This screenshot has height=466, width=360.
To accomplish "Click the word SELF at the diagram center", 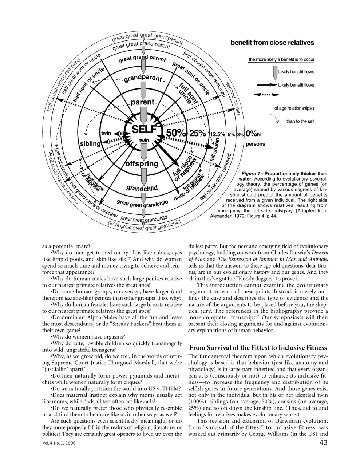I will [144, 129].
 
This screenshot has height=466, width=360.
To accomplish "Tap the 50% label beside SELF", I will [176, 133].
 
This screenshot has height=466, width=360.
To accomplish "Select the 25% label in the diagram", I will [198, 133].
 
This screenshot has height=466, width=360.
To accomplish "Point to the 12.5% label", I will [217, 134].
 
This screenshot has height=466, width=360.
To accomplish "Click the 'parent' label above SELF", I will [142, 102].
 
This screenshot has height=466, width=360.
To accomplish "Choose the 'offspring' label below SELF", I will [142, 164].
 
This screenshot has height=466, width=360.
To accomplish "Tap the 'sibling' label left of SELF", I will [90, 143].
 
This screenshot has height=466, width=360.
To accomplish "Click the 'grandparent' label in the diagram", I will [143, 78].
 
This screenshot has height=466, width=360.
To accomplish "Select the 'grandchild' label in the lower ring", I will [142, 188].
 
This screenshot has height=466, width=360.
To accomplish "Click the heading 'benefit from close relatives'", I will [272, 43].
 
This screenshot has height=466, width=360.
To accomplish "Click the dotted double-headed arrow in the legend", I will [263, 95].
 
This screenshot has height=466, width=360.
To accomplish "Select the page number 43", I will [323, 443].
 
